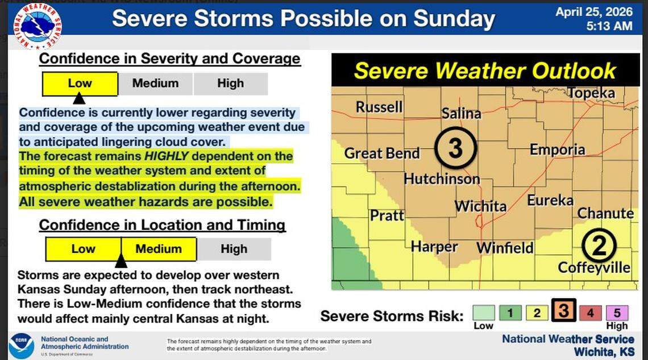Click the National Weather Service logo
[38, 26]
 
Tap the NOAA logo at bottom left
[21, 346]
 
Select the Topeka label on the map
[591, 93]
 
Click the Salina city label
[461, 113]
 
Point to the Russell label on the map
[379, 107]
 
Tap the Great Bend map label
[381, 153]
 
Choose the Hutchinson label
[442, 179]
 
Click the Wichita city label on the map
[480, 205]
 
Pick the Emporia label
[557, 150]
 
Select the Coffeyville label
[594, 267]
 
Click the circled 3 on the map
[455, 148]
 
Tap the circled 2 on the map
[599, 245]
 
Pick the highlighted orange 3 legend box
[563, 311]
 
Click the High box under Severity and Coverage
[230, 84]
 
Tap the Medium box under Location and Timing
[159, 249]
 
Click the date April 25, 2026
[593, 12]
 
